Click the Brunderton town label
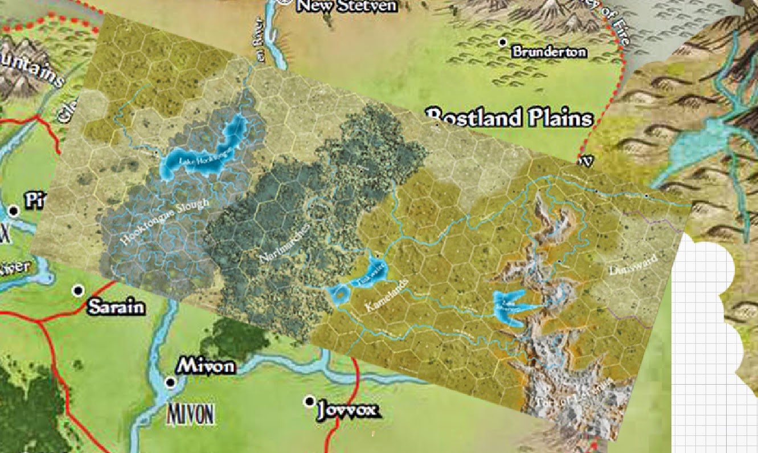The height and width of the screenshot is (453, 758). (548, 52)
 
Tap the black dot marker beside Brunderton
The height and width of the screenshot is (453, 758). (502, 42)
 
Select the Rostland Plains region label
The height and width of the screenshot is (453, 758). (510, 117)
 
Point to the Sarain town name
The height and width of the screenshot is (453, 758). (116, 308)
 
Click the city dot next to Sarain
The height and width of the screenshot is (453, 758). (79, 291)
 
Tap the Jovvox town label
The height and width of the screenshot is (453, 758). (348, 410)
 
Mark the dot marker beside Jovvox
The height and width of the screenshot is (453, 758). (309, 402)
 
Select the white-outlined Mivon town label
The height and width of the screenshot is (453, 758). (206, 366)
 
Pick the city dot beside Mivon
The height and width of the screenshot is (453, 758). (170, 382)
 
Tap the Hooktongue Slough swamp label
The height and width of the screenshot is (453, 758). (165, 223)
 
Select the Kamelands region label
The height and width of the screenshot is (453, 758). (387, 295)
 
